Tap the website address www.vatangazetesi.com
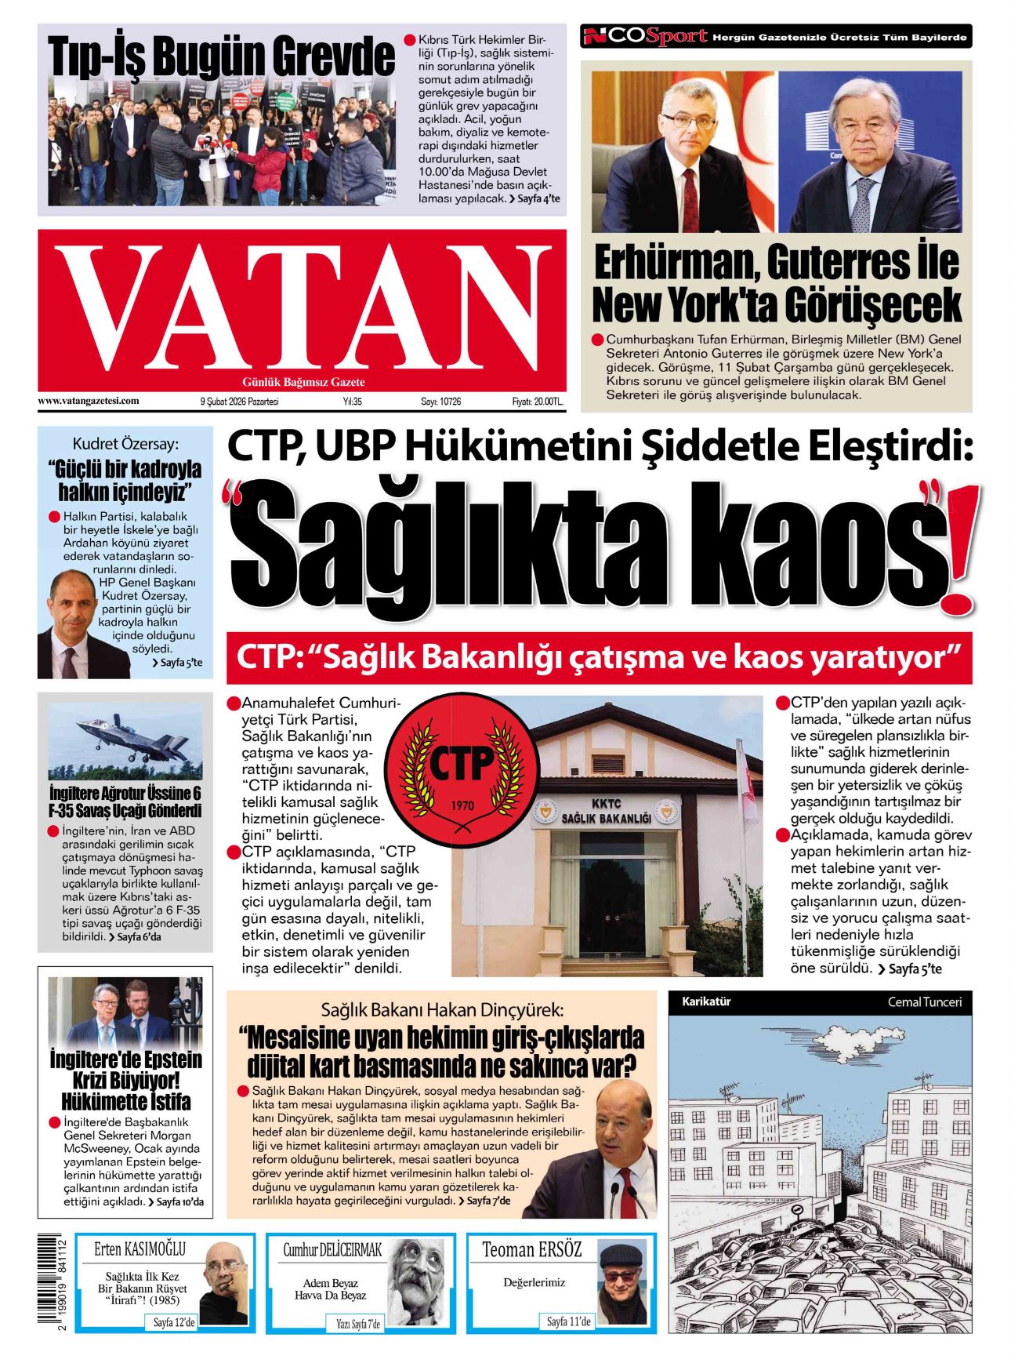pos(89,401)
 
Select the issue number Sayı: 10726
pos(441,402)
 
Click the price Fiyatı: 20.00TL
pos(538,402)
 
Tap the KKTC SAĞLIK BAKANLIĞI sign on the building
pos(606,812)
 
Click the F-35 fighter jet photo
pos(125,740)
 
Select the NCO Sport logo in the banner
pos(647,36)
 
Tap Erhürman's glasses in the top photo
pos(688,121)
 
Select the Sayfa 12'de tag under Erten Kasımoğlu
pos(174,1322)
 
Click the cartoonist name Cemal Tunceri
pos(924,1001)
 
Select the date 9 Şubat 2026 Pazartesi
pos(239,402)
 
